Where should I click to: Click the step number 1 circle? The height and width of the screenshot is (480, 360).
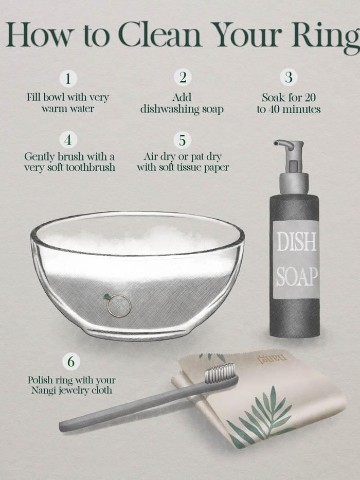coord(68,79)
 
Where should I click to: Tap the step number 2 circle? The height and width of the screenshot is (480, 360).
coord(182,77)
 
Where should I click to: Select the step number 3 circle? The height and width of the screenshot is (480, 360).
coord(289,77)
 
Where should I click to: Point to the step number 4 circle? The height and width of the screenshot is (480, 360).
coord(68,139)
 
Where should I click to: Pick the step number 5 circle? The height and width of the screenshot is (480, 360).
coord(182,140)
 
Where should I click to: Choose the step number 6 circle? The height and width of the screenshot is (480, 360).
coord(71,362)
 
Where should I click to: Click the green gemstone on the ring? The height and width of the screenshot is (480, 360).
coord(107,297)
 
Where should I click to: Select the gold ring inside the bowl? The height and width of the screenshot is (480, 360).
coord(119,306)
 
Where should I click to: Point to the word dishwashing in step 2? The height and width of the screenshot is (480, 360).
coord(167,110)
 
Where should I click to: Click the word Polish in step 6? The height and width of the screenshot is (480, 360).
coord(40,381)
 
